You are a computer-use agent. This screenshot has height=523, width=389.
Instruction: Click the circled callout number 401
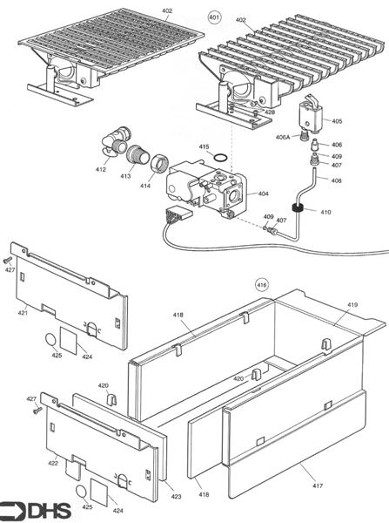(x=214, y=17)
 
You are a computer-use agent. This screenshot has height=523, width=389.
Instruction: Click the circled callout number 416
(x=262, y=285)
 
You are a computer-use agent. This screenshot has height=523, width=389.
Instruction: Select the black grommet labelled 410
(x=298, y=208)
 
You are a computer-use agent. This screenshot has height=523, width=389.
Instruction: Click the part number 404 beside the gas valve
(x=263, y=194)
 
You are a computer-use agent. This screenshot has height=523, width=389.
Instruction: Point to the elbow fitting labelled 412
(x=115, y=143)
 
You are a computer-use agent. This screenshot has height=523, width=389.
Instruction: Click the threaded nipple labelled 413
(x=137, y=154)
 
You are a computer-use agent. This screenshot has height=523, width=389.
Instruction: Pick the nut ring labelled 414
(x=159, y=164)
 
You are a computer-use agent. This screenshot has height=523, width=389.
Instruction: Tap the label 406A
(x=283, y=137)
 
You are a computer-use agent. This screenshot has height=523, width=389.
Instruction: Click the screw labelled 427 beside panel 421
(x=7, y=260)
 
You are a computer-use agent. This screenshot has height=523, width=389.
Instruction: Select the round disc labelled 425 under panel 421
(x=51, y=340)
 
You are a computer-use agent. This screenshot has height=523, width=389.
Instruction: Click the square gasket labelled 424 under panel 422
(x=99, y=492)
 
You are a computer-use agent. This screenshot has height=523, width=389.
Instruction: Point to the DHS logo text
(x=50, y=511)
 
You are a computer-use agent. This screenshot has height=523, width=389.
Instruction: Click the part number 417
(x=318, y=486)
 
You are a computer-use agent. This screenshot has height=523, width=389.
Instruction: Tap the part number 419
(x=352, y=304)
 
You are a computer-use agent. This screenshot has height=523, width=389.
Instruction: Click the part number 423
(x=176, y=497)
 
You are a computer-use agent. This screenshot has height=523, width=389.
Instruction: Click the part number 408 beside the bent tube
(x=337, y=180)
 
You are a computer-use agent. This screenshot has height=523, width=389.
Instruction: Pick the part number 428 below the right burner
(x=270, y=112)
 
